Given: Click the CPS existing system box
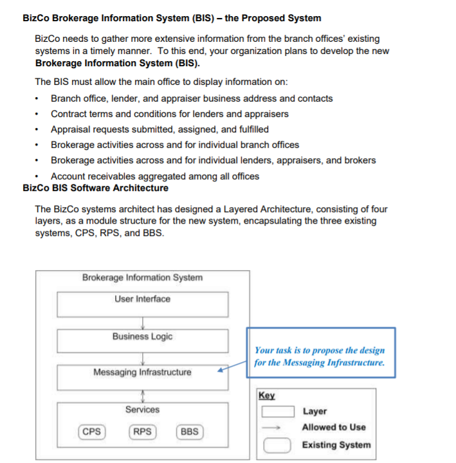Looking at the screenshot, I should (x=92, y=431).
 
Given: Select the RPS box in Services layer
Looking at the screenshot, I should (x=141, y=431).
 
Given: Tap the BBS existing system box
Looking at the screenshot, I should (x=189, y=431).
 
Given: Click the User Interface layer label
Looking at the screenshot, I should (x=142, y=299).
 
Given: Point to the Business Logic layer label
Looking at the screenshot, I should (x=142, y=336).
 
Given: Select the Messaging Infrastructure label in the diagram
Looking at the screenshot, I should (x=142, y=372).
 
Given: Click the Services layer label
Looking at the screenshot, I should (x=142, y=410).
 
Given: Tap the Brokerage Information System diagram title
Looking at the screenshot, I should (x=142, y=278).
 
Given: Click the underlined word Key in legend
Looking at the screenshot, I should (x=266, y=395).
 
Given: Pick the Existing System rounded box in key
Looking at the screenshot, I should (x=280, y=444).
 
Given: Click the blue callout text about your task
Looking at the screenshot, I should (x=320, y=356).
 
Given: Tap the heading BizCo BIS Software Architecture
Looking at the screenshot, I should (x=95, y=188).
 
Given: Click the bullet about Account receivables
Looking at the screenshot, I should (x=154, y=176).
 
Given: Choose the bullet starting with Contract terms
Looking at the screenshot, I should (x=169, y=114).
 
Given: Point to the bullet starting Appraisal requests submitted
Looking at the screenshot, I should (x=160, y=129).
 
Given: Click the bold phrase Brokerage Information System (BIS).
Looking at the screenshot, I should (x=117, y=63).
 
